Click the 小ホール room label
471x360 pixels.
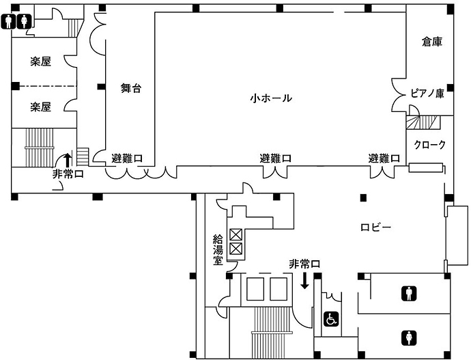point(271,99)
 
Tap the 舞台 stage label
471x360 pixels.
point(130,88)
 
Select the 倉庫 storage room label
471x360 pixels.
point(431,42)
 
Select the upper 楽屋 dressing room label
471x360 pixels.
point(41,62)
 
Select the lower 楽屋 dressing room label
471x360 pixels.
point(41,107)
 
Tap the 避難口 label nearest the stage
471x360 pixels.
point(127,158)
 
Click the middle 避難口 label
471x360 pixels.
point(276,158)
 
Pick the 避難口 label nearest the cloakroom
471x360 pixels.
point(384,158)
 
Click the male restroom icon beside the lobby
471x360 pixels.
point(409,294)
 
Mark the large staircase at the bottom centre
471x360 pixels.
point(262,332)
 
